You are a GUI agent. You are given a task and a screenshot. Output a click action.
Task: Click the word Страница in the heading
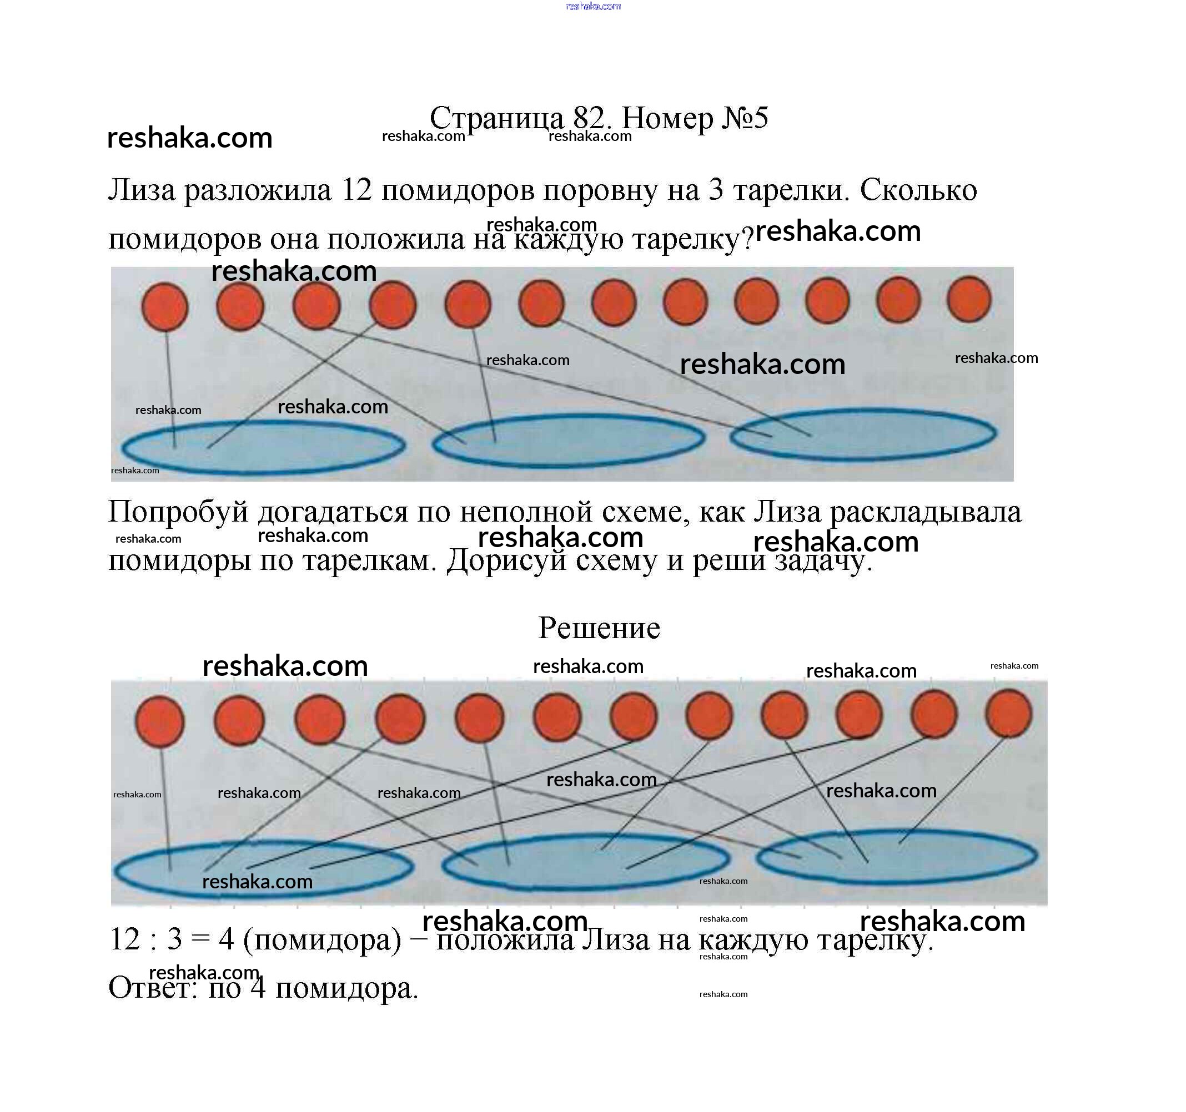(x=496, y=118)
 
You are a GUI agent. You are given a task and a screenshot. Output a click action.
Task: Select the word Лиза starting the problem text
(x=142, y=190)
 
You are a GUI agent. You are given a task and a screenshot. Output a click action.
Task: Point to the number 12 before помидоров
(x=356, y=190)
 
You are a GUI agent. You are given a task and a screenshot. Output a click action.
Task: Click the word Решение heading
(x=599, y=628)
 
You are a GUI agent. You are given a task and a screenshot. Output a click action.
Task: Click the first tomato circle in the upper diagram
(x=165, y=306)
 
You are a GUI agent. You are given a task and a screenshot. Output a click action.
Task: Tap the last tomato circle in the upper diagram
(x=969, y=299)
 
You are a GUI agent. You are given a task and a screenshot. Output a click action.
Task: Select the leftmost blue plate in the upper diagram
(x=263, y=447)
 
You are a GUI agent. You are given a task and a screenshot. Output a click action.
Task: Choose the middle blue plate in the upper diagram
(x=568, y=439)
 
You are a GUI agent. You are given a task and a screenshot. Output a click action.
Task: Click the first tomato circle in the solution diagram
(x=160, y=721)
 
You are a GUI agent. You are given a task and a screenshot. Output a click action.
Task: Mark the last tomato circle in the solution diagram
(x=1008, y=713)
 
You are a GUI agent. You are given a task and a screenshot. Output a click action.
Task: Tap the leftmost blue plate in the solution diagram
(x=263, y=870)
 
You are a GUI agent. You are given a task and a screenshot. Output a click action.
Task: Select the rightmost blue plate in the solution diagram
(x=897, y=857)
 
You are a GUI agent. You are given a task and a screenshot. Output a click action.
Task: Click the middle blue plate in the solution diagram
(x=585, y=861)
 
